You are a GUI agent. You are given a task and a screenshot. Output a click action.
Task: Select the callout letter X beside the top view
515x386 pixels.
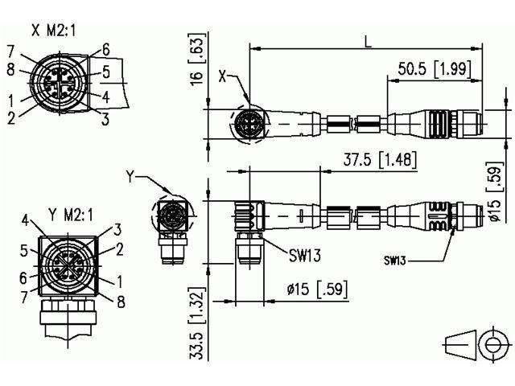pos(221,77)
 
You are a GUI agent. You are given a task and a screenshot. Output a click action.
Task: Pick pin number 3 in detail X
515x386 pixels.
pos(105,121)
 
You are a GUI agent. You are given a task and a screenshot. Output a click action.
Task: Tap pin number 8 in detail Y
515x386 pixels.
pos(121,302)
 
